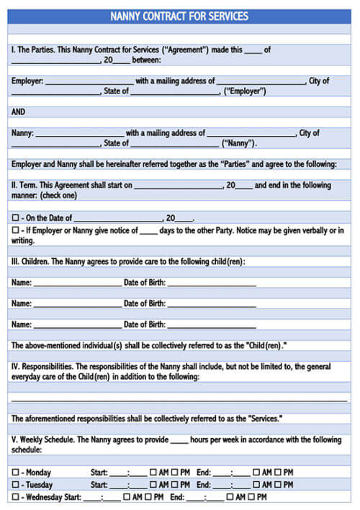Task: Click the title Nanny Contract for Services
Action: click(180, 16)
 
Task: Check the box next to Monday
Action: click(15, 472)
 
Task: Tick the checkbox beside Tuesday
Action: click(15, 484)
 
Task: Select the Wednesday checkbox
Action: click(15, 496)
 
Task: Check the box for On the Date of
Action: click(15, 217)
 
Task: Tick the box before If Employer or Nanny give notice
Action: click(15, 230)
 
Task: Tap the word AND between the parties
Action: click(19, 112)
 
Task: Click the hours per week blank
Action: click(179, 440)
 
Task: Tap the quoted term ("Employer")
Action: click(245, 91)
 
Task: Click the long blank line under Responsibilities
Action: click(179, 399)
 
